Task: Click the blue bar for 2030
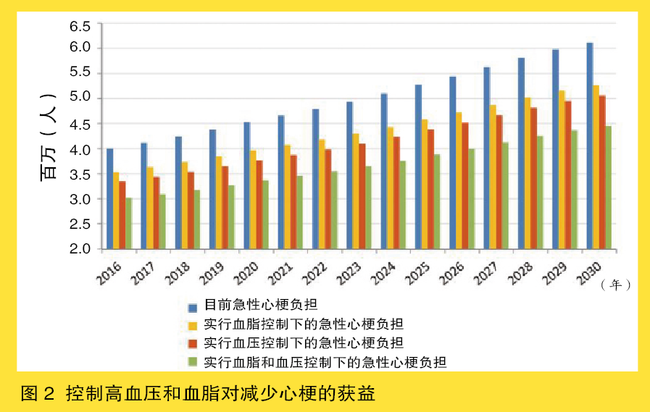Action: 590,146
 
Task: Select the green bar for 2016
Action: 128,224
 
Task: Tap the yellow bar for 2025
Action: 425,184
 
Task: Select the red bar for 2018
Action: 191,210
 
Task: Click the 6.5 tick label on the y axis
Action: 80,27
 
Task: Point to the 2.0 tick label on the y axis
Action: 80,249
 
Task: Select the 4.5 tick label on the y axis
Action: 80,125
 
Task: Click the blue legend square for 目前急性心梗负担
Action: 193,306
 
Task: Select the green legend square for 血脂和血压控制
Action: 193,361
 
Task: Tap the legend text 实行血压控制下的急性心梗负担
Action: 304,342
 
